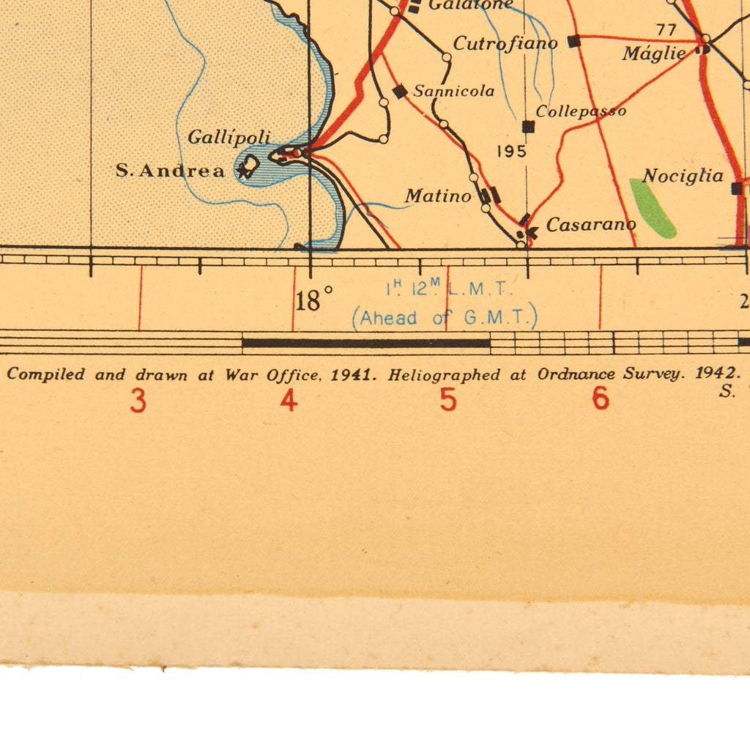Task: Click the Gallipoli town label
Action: click(x=229, y=137)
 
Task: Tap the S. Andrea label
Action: click(x=170, y=171)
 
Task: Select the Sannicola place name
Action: click(x=453, y=92)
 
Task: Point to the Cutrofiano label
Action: click(x=505, y=43)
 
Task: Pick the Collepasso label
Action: click(x=581, y=111)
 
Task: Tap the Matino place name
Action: click(x=438, y=196)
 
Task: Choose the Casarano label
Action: click(x=590, y=225)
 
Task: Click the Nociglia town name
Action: click(x=683, y=176)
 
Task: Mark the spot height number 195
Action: click(x=511, y=152)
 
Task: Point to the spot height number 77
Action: click(x=666, y=30)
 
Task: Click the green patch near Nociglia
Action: click(x=651, y=207)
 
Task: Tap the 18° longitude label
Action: click(x=315, y=300)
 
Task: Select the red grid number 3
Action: click(x=138, y=401)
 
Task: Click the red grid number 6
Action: click(x=601, y=399)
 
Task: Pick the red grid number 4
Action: click(x=289, y=401)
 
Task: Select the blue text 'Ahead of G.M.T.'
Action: click(x=445, y=319)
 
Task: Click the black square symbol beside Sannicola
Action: click(x=400, y=92)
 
